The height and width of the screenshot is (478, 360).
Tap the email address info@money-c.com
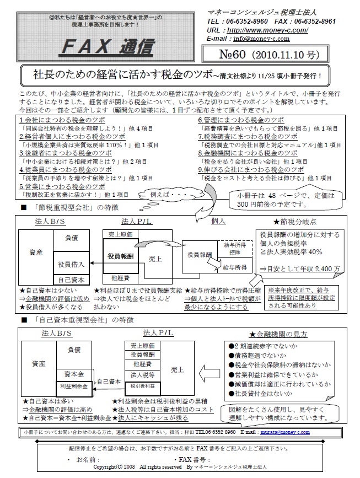(x=261, y=39)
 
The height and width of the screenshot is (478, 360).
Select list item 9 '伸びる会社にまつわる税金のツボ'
(x=251, y=170)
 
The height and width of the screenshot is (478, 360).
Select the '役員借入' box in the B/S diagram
(x=71, y=264)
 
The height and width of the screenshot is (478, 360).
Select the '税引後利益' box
(x=142, y=386)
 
